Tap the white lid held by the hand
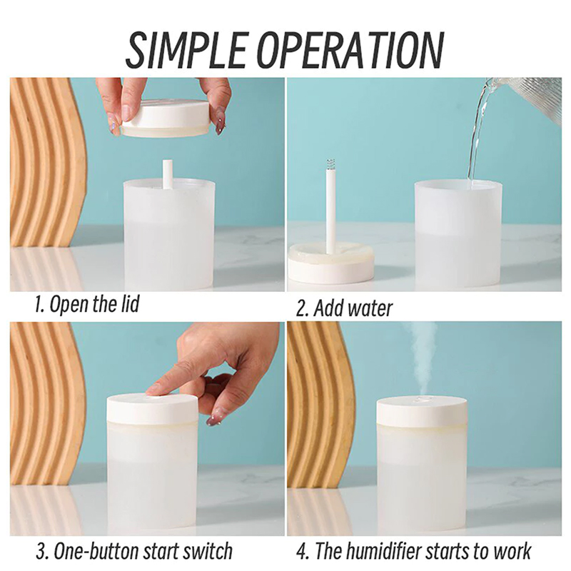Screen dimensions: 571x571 166,118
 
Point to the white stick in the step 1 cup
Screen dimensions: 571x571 167,174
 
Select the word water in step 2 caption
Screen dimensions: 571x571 370,308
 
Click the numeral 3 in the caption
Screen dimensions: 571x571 41,551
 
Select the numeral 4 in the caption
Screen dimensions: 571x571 302,551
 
